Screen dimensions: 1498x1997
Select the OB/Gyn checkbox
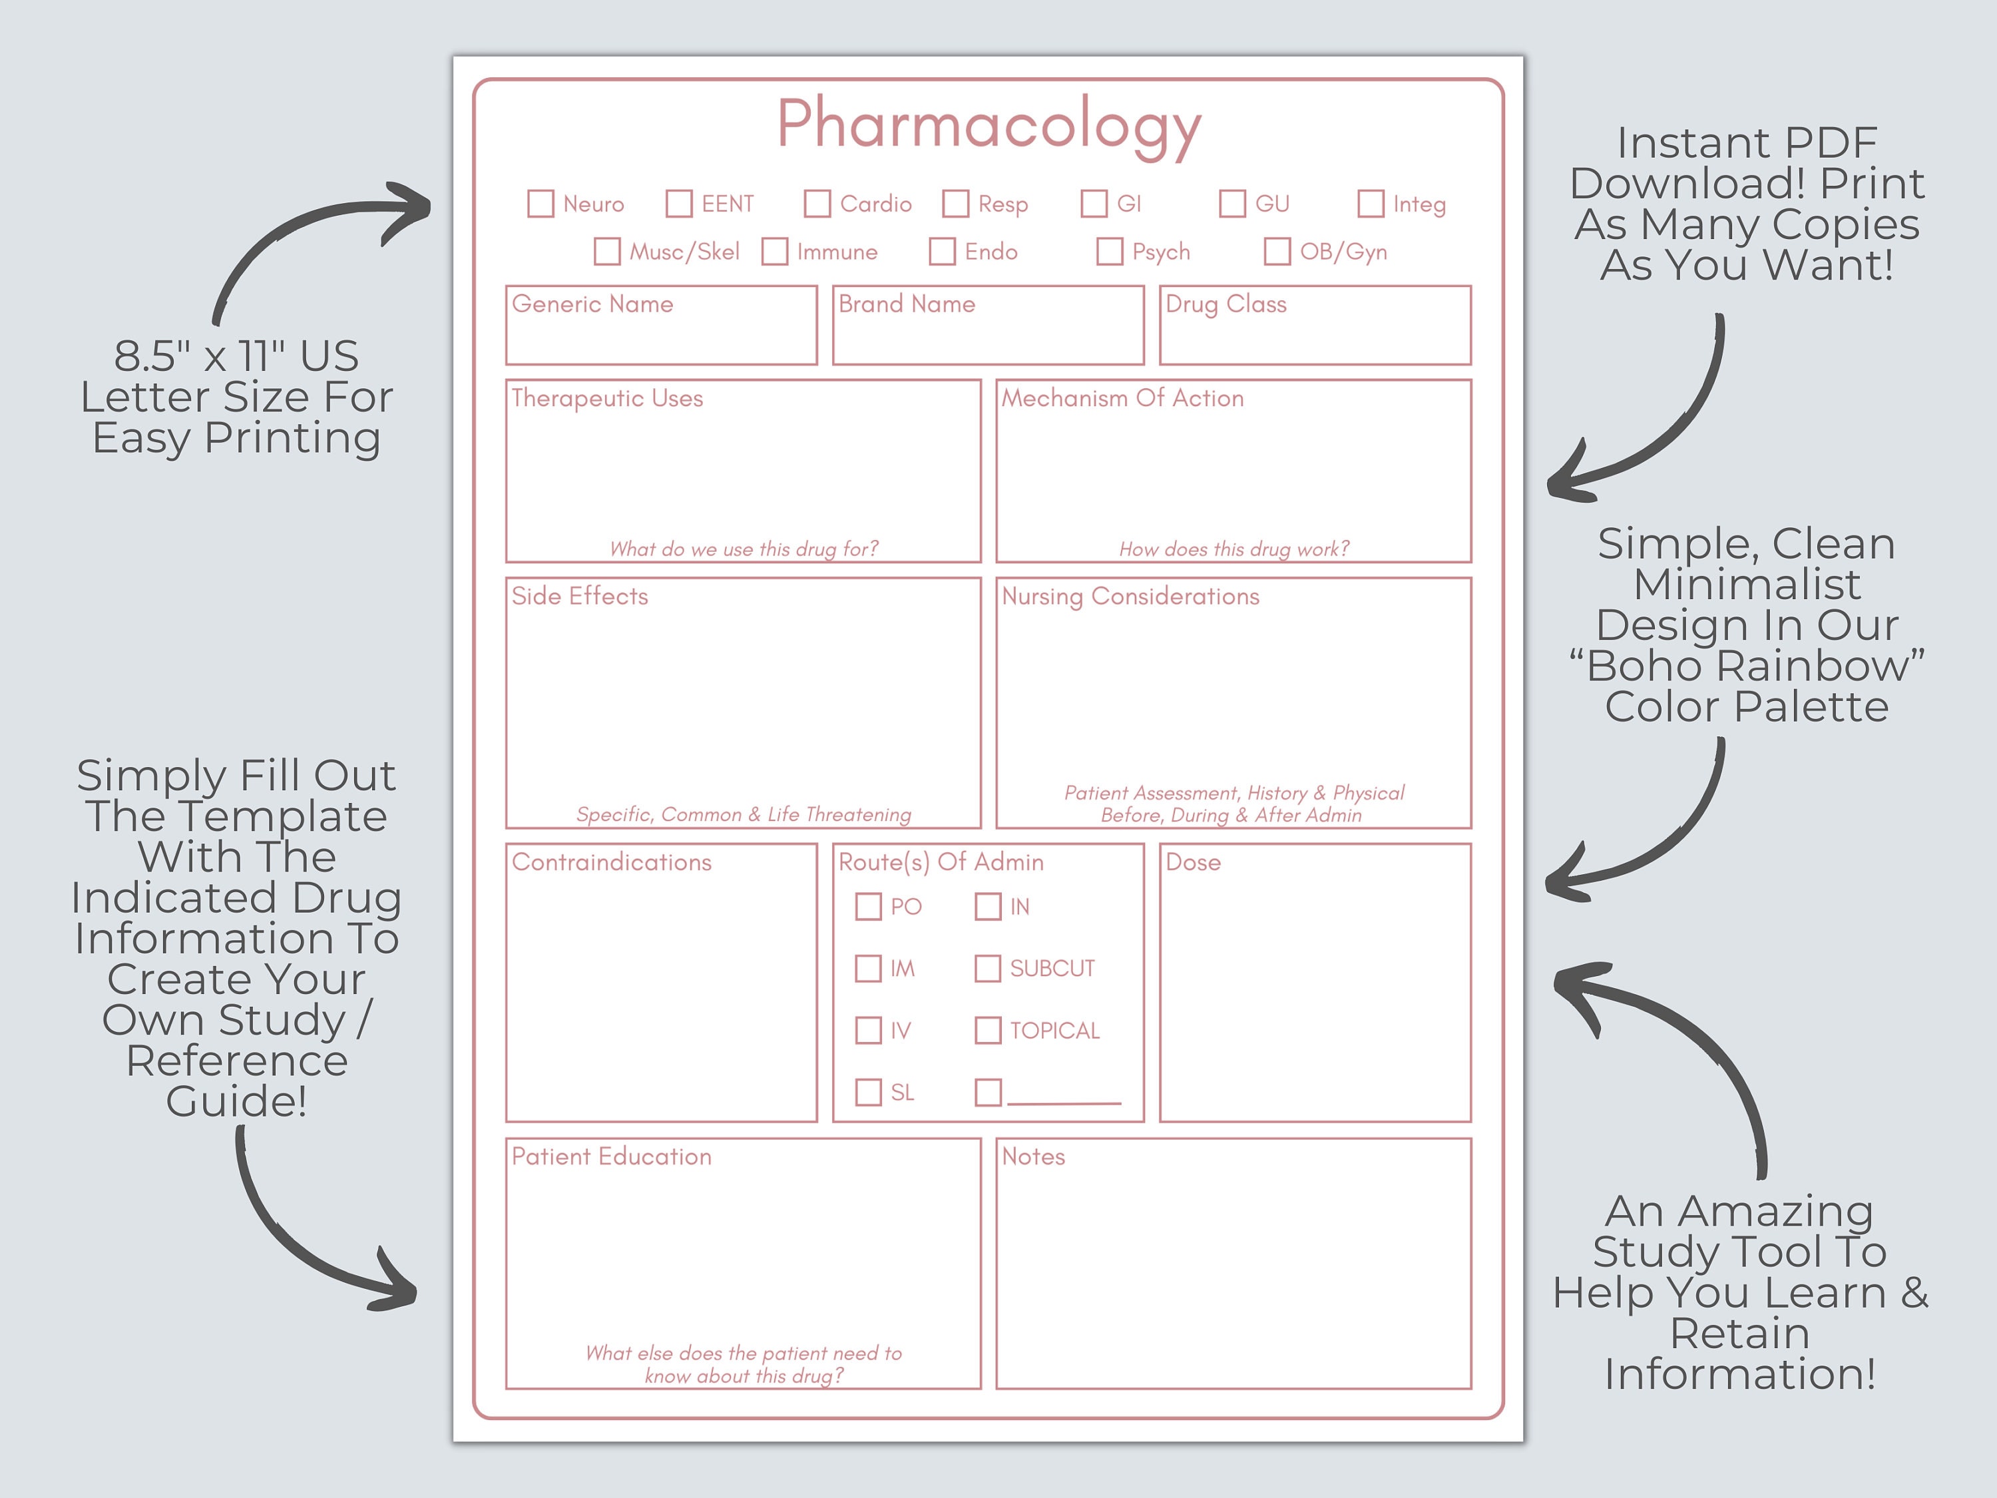[x=1277, y=251]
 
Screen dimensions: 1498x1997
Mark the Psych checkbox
[x=1110, y=251]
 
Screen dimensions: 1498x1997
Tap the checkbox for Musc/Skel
[x=606, y=251]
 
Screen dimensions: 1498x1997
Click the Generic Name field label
[x=592, y=304]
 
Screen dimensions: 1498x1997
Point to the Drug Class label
[x=1225, y=304]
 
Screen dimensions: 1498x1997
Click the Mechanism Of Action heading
[x=1122, y=398]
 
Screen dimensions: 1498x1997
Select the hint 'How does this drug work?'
[x=1233, y=549]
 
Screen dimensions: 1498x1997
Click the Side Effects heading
[x=580, y=596]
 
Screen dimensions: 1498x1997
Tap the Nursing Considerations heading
[x=1130, y=596]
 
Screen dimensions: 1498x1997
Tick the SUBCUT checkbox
[x=988, y=969]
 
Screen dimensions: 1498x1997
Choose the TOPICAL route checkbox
[x=988, y=1030]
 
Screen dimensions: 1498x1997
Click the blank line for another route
[x=1064, y=1100]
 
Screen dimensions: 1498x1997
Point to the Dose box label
[x=1193, y=862]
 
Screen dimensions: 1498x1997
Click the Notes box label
[x=1033, y=1156]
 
